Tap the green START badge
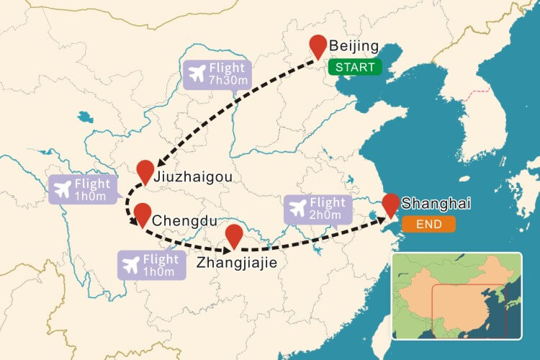pyautogui.click(x=353, y=68)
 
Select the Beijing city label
pyautogui.click(x=354, y=47)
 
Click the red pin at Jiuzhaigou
pyautogui.click(x=145, y=171)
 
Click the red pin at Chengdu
pyautogui.click(x=142, y=215)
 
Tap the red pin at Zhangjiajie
pyautogui.click(x=234, y=235)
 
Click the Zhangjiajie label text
pyautogui.click(x=236, y=263)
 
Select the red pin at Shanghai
pyautogui.click(x=391, y=204)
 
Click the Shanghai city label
pyautogui.click(x=431, y=204)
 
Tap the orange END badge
pyautogui.click(x=429, y=225)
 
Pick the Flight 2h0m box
pyautogui.click(x=318, y=209)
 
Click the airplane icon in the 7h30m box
pyautogui.click(x=195, y=73)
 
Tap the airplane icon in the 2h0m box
pyautogui.click(x=297, y=209)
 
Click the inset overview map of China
pyautogui.click(x=455, y=295)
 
